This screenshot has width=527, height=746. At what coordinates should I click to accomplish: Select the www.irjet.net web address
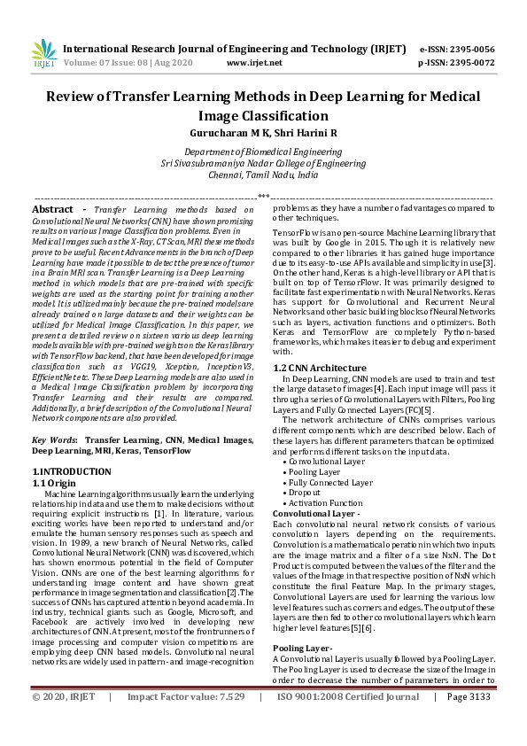coord(254,63)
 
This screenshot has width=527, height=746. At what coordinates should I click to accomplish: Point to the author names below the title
coord(263,132)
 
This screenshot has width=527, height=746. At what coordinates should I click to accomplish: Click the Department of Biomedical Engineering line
coord(263,152)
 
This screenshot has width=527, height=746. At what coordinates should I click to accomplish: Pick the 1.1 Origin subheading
coord(56,482)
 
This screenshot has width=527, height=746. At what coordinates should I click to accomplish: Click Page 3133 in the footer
coord(469,722)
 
